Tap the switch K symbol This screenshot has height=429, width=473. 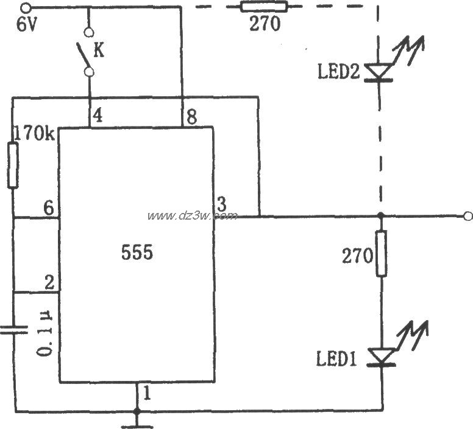87,52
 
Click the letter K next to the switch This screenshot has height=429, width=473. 99,50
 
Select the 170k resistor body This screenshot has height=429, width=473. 13,165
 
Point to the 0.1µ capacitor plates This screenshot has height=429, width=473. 13,330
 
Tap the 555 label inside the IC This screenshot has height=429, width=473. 137,252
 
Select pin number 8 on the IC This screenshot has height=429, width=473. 191,117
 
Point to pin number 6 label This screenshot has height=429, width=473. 48,207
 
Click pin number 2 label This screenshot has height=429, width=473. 48,282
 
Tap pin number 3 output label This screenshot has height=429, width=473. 220,204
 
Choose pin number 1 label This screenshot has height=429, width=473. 146,394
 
